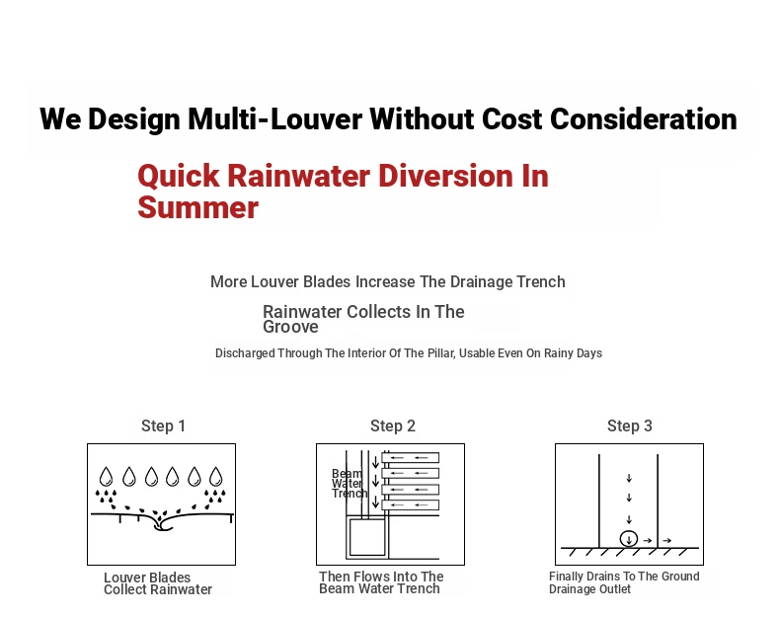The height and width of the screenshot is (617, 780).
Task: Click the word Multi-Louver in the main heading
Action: [x=274, y=119]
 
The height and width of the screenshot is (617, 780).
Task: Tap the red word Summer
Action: [x=198, y=207]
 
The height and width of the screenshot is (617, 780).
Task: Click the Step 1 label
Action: [x=163, y=425]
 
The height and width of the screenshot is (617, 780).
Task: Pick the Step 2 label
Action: [x=393, y=425]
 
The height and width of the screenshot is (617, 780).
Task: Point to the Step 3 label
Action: [x=629, y=425]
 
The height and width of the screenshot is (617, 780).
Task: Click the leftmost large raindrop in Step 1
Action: [x=106, y=476]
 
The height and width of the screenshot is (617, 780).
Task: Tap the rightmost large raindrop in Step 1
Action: [x=216, y=476]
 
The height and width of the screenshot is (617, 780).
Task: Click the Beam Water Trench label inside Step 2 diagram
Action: [x=350, y=484]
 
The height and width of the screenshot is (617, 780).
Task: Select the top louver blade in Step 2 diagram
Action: [x=411, y=458]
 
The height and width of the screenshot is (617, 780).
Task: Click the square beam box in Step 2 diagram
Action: [x=367, y=537]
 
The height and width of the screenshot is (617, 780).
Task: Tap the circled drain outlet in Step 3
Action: [x=629, y=539]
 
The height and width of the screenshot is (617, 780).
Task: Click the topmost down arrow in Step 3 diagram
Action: [x=629, y=478]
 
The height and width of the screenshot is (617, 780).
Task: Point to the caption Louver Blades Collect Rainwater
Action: [x=158, y=583]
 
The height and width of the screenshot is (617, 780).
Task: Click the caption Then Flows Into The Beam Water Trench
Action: [x=381, y=582]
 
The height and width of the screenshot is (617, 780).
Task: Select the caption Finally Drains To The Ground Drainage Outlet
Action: [x=624, y=582]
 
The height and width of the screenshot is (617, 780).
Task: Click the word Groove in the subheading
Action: [x=290, y=327]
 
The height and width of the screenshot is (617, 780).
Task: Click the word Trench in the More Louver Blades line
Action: [x=541, y=282]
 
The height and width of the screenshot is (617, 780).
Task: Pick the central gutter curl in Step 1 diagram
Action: [x=161, y=524]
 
